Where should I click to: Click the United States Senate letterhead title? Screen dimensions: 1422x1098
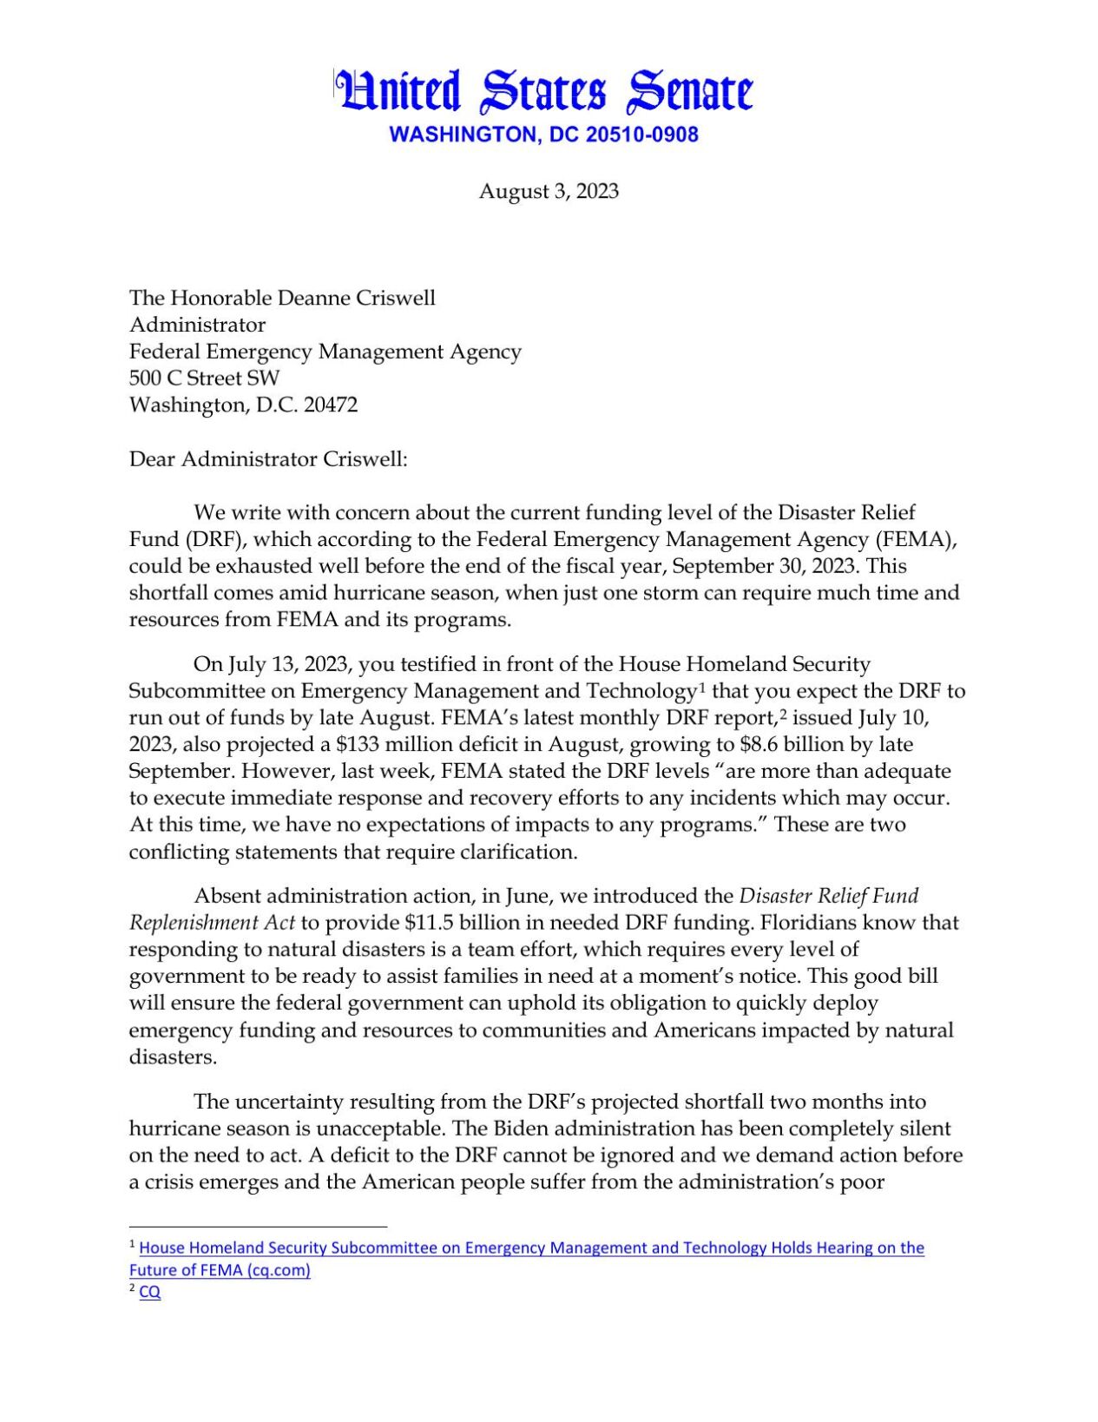coord(544,92)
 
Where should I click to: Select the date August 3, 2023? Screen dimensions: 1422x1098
coord(549,191)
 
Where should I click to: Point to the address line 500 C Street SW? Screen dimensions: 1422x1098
coord(205,378)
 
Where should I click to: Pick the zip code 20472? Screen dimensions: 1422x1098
coord(330,405)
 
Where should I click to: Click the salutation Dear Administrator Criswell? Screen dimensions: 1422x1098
coord(268,458)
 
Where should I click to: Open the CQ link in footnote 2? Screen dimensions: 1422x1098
coord(149,1292)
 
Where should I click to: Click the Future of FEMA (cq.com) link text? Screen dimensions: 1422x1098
coord(220,1270)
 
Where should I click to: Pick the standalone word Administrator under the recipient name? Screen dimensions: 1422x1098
coord(197,325)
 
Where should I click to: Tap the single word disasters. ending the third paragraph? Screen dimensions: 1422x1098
coord(173,1057)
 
